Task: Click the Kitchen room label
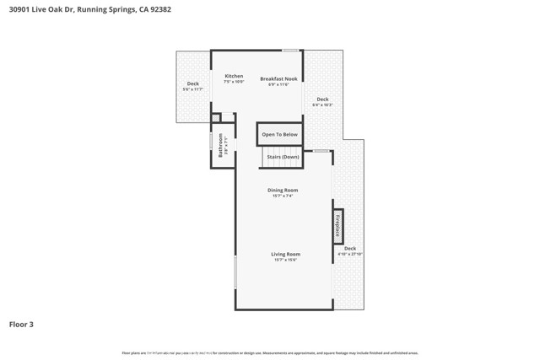tap(234, 76)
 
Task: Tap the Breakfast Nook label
tap(278, 78)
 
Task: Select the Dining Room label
tap(283, 191)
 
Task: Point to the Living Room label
tap(285, 254)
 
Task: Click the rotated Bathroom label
tap(221, 145)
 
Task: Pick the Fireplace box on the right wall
tap(337, 226)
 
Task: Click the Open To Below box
tap(279, 134)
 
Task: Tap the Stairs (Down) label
tap(283, 157)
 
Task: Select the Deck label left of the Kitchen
tap(192, 83)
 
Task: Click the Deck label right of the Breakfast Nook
tap(322, 99)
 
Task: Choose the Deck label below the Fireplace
tap(349, 248)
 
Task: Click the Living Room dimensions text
tap(285, 260)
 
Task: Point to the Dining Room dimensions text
tap(283, 196)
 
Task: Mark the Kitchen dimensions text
tap(234, 82)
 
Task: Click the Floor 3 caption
tap(21, 324)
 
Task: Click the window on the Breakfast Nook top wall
tap(290, 51)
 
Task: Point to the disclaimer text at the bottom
tap(270, 353)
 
